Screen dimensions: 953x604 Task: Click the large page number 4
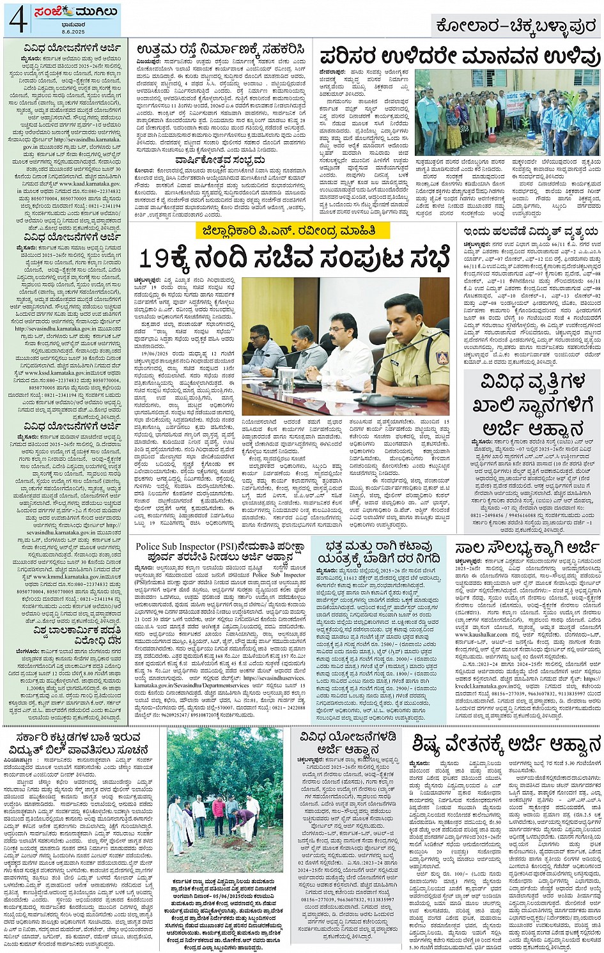click(18, 20)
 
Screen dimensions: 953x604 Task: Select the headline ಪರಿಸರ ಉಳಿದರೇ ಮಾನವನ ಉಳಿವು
click(460, 56)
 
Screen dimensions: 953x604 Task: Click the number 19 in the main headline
click(153, 258)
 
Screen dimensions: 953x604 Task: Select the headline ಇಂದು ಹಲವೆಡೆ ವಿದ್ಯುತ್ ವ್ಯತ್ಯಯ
click(530, 231)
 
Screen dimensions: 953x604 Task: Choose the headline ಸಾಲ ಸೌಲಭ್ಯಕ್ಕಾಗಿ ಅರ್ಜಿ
click(527, 548)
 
